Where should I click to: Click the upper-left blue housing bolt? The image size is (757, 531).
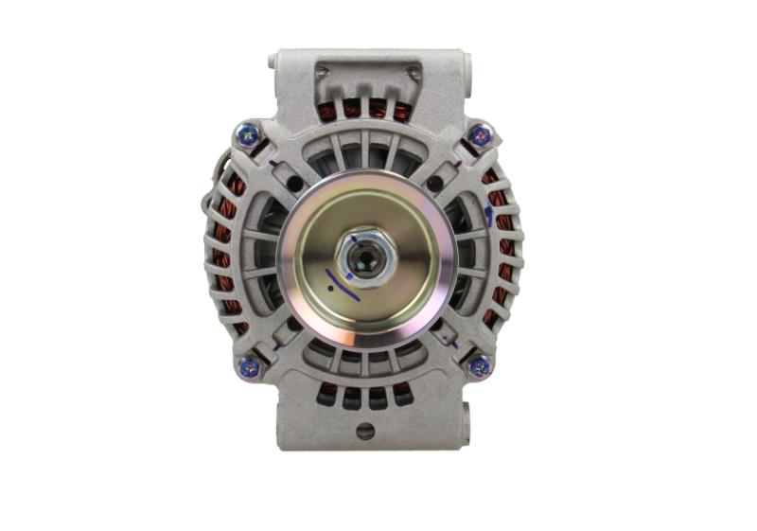click(249, 134)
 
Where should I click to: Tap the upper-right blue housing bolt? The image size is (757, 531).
click(481, 135)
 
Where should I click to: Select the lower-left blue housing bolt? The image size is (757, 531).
click(249, 367)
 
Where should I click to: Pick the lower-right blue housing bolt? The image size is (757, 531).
click(480, 366)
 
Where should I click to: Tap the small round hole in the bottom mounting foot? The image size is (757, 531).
click(365, 431)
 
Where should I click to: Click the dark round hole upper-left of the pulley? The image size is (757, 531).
click(295, 183)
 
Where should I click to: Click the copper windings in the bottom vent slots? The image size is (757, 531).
click(364, 390)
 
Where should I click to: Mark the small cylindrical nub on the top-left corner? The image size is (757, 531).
click(273, 61)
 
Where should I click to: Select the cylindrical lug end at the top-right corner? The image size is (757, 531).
click(465, 66)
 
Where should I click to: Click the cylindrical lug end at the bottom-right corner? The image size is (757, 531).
click(464, 416)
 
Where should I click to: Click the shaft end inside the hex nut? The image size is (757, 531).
click(364, 255)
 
